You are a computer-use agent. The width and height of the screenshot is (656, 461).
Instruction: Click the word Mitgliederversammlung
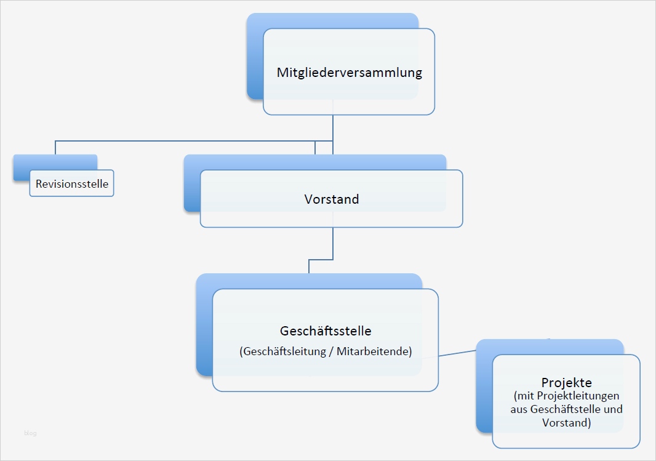pyautogui.click(x=349, y=73)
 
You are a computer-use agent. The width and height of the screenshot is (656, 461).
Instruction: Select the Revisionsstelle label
pyautogui.click(x=72, y=183)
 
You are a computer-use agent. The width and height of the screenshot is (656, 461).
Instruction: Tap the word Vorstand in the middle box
pyautogui.click(x=332, y=199)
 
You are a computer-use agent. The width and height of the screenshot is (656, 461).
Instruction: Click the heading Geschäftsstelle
pyautogui.click(x=326, y=331)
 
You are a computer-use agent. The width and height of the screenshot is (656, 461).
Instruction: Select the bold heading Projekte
pyautogui.click(x=566, y=382)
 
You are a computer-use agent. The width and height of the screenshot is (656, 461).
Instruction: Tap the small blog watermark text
pyautogui.click(x=30, y=433)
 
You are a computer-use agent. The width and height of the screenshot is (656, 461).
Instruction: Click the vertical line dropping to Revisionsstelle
pyautogui.click(x=55, y=147)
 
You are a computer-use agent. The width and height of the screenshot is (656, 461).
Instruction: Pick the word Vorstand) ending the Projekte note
pyautogui.click(x=567, y=423)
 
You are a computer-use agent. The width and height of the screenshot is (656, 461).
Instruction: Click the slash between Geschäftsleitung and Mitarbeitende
pyautogui.click(x=331, y=351)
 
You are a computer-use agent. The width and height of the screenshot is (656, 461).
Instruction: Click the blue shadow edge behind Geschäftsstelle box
pyautogui.click(x=204, y=332)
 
